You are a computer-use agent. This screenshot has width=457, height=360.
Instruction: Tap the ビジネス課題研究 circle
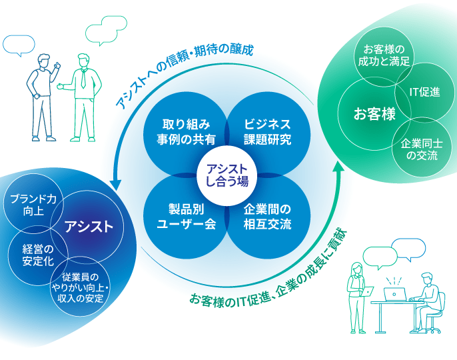click(x=268, y=131)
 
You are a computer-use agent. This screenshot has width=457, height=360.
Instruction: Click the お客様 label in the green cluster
click(x=374, y=113)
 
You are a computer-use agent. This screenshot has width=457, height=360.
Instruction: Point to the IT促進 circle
click(x=424, y=91)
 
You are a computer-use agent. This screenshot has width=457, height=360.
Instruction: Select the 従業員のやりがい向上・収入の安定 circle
click(x=80, y=287)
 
